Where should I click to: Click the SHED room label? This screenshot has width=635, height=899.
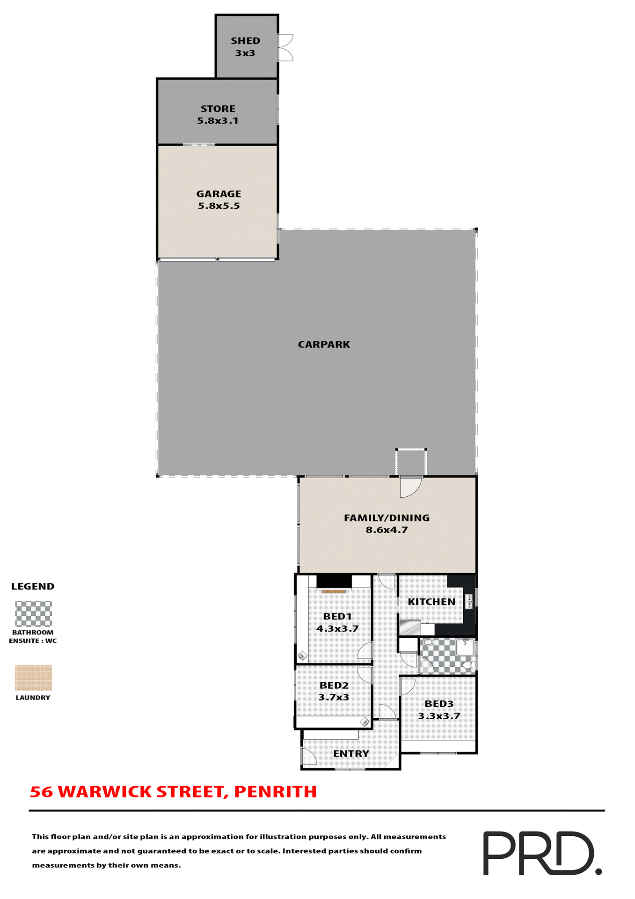coord(245,41)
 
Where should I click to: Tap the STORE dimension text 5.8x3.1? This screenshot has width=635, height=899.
coord(218,121)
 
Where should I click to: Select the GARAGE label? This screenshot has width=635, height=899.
coord(219,194)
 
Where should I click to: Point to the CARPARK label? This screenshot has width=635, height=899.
coord(324,345)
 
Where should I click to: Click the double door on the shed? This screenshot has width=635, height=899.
coord(285,47)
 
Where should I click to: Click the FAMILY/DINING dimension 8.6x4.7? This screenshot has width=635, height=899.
coord(387,530)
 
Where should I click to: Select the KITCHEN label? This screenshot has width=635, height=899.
coord(431,602)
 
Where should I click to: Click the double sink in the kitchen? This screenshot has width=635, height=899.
coord(468,601)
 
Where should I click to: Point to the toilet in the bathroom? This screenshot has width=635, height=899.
coord(467,665)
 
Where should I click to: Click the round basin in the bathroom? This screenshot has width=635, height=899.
coord(428,642)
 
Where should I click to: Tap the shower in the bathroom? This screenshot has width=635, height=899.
coord(466,648)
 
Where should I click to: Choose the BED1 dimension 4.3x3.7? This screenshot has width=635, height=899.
coord(337,629)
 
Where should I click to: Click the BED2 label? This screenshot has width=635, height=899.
coord(334,685)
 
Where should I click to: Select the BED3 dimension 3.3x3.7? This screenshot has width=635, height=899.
coord(439,716)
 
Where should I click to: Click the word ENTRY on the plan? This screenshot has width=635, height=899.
coord(351,753)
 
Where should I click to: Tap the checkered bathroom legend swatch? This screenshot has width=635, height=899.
coord(33,614)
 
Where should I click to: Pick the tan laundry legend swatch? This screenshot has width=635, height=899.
coord(33,678)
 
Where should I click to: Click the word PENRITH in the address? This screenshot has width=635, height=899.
coord(275,792)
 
